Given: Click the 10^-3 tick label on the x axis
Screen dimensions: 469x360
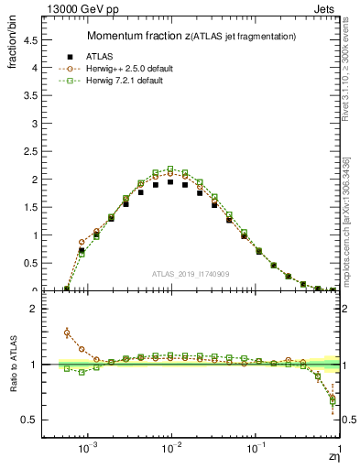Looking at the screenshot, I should (88, 448).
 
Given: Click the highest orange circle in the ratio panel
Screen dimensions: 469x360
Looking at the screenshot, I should (67, 333).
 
